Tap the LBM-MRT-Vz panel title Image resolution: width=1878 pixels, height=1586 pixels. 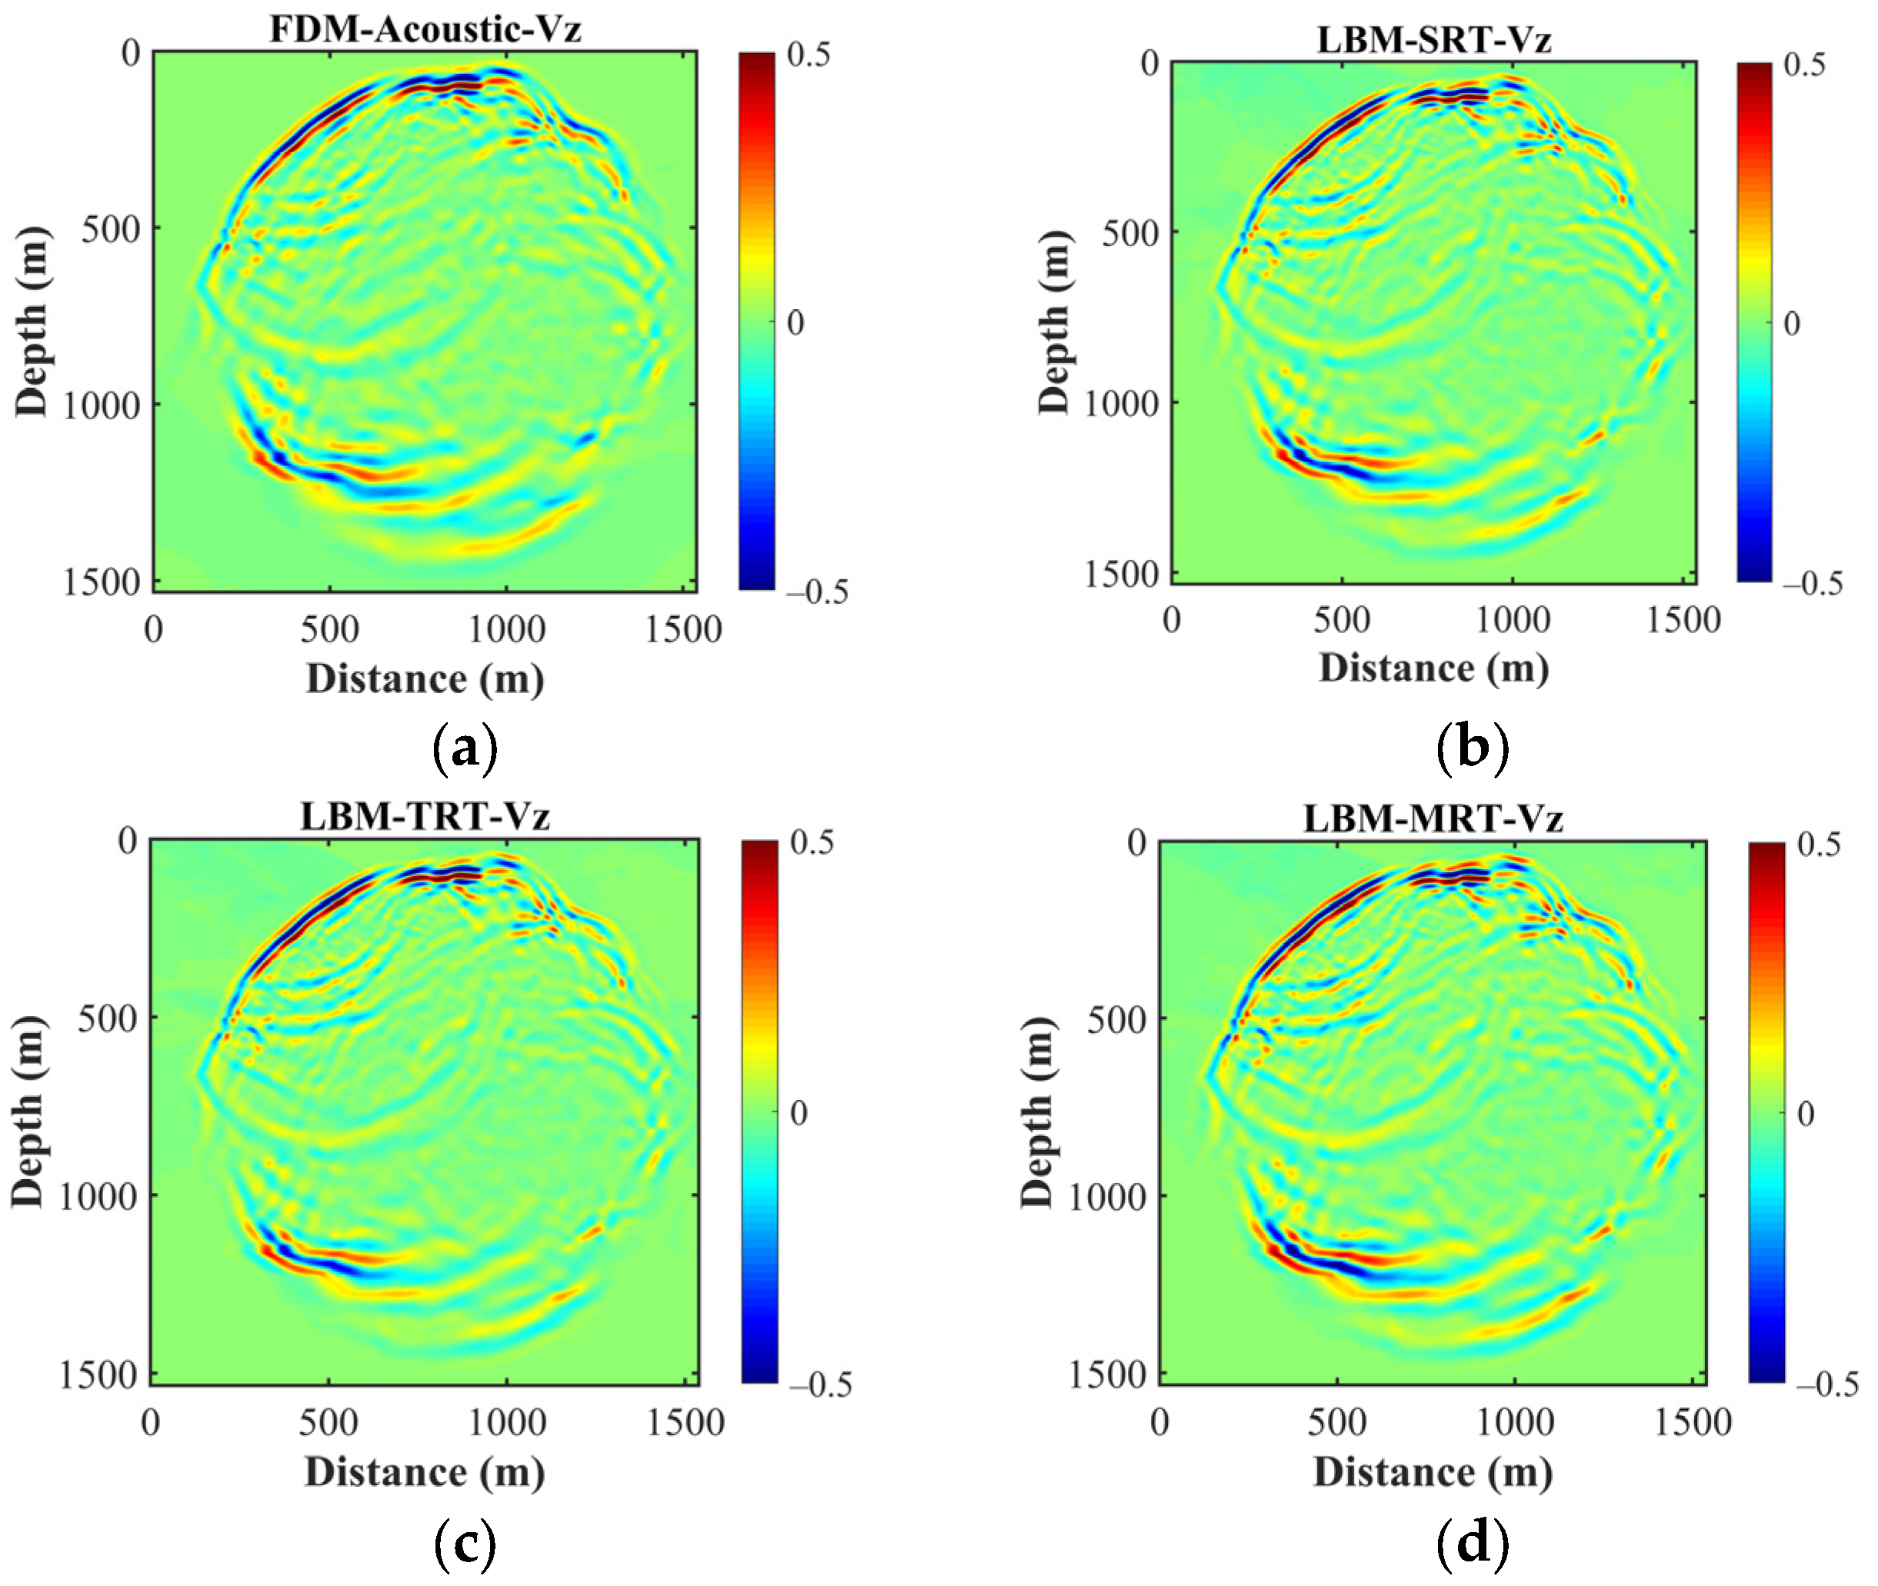pyautogui.click(x=1433, y=818)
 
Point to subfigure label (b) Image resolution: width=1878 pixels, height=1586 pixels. pyautogui.click(x=1473, y=746)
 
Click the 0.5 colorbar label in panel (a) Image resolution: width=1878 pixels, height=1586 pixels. pyautogui.click(x=808, y=55)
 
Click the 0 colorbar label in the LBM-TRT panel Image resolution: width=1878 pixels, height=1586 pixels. pyautogui.click(x=799, y=1113)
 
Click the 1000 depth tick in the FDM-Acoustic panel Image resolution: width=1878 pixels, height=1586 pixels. pyautogui.click(x=101, y=405)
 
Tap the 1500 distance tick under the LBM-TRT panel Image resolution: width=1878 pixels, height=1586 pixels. pyautogui.click(x=685, y=1423)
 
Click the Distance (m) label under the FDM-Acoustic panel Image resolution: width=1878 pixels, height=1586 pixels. pyautogui.click(x=425, y=679)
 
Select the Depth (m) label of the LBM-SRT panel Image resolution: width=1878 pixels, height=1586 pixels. pyautogui.click(x=1055, y=322)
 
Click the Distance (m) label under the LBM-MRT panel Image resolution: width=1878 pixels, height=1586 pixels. pyautogui.click(x=1433, y=1473)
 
